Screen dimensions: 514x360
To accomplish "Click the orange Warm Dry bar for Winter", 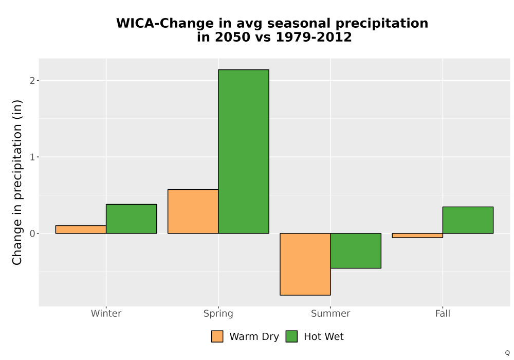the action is [81, 229].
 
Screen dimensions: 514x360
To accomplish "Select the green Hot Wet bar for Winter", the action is [132, 219].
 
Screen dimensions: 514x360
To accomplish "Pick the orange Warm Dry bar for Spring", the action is [193, 211].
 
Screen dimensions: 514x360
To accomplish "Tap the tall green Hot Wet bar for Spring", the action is [244, 152].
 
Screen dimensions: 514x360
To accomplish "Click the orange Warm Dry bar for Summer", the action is [305, 264].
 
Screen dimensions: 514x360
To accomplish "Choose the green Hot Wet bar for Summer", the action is [356, 251].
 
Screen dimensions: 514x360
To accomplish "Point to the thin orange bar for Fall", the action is [417, 236].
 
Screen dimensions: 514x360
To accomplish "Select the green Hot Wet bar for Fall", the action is [468, 220].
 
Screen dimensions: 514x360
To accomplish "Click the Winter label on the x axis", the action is [106, 313].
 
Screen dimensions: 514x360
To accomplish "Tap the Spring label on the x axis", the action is [218, 313].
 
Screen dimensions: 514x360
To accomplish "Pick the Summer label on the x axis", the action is [331, 313].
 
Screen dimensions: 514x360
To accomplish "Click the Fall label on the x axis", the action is [443, 313].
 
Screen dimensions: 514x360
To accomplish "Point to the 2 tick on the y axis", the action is [32, 80].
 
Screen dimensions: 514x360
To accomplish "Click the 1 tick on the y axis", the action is [32, 157].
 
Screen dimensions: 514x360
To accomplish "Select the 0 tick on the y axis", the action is [32, 233].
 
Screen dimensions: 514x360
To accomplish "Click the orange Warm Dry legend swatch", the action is [217, 336].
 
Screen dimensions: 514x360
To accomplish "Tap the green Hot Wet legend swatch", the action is [291, 336].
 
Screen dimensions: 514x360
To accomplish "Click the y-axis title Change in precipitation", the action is [17, 182].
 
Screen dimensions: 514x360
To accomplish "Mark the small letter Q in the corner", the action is [507, 353].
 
